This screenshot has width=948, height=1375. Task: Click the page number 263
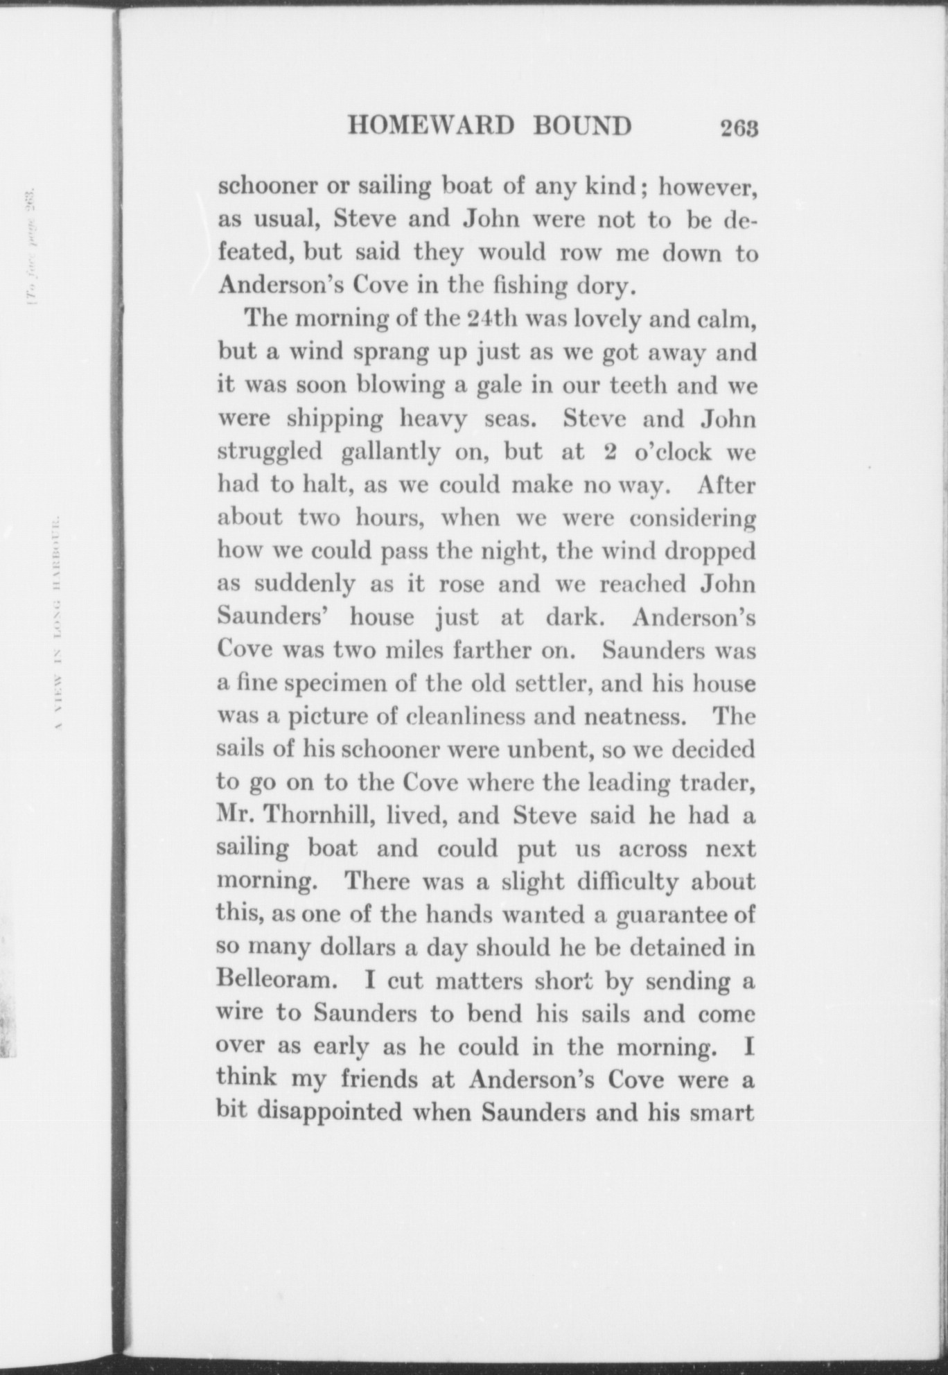740,128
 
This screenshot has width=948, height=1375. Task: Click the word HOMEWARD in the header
430,126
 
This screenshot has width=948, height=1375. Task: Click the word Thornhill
324,816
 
